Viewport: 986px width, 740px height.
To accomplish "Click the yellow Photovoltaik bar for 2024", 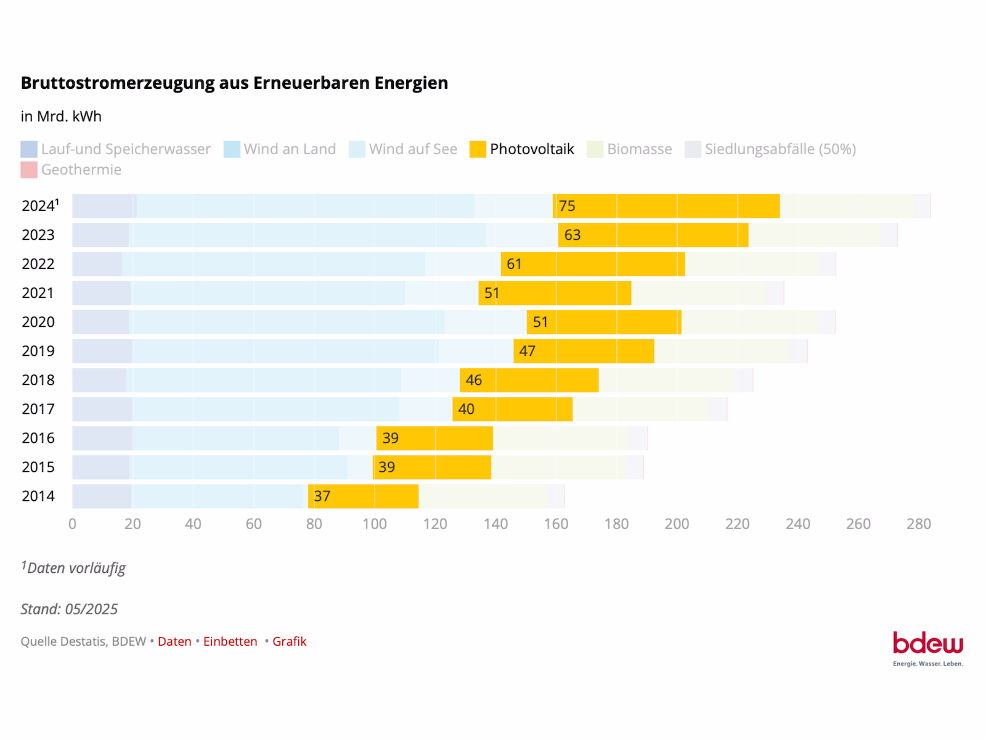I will [x=666, y=206].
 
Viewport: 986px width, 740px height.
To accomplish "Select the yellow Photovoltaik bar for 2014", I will [x=364, y=496].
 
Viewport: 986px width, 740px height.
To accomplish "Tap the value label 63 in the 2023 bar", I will [x=572, y=235].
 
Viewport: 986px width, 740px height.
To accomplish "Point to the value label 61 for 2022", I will [x=514, y=264].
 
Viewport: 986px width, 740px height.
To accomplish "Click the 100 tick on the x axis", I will [x=375, y=524].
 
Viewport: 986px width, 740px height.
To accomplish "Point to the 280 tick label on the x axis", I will [x=919, y=524].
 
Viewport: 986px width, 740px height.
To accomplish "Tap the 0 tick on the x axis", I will [x=73, y=524].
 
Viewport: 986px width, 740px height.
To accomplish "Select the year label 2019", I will [x=38, y=351].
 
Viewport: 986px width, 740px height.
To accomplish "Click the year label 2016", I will [x=38, y=438].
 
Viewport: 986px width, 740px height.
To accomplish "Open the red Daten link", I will [x=174, y=641].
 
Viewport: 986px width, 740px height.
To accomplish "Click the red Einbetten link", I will [x=230, y=641].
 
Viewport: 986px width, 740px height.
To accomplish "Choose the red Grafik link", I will [x=289, y=641].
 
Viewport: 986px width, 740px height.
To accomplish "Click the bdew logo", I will [x=927, y=647].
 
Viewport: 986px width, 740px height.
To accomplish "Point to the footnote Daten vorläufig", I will [x=76, y=568].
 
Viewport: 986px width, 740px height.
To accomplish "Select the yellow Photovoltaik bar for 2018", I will [x=529, y=380].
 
